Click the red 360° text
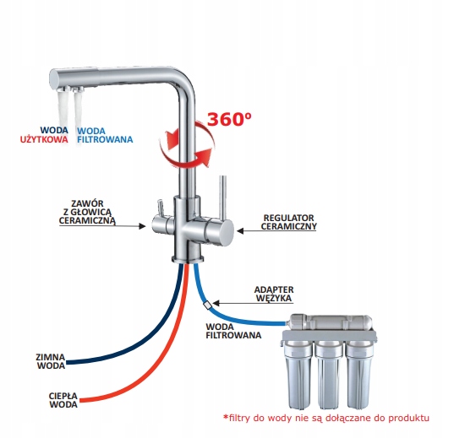click(229, 119)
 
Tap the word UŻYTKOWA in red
click(44, 139)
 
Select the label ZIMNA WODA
click(51, 361)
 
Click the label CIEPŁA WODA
click(63, 400)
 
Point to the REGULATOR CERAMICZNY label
click(288, 222)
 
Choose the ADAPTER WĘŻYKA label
click(274, 294)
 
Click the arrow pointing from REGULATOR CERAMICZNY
click(277, 230)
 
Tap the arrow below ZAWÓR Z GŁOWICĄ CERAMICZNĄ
click(102, 226)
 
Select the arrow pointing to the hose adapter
click(253, 303)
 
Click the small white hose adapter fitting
click(208, 305)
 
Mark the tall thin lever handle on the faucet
click(223, 197)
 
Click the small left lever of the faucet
click(160, 208)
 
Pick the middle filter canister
click(329, 375)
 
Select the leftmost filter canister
click(298, 375)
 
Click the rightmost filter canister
click(359, 375)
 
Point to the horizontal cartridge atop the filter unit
click(331, 322)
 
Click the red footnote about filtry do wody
click(326, 418)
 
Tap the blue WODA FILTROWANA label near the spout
click(105, 135)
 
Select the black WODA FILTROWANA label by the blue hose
click(233, 331)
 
